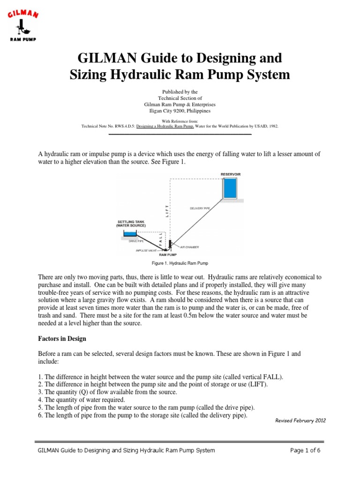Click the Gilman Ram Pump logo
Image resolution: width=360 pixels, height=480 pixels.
tap(23, 26)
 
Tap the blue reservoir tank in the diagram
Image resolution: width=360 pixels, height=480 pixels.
tap(230, 188)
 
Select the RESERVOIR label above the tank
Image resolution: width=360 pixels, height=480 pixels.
tap(230, 174)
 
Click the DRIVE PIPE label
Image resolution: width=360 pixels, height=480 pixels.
tap(135, 241)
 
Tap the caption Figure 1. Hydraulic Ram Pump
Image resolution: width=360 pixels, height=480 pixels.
tap(180, 263)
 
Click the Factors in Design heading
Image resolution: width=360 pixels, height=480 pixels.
tap(61, 338)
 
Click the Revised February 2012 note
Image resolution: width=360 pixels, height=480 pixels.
tap(300, 420)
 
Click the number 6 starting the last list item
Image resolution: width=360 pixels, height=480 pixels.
tap(39, 415)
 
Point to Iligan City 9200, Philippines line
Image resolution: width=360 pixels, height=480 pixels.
tap(180, 111)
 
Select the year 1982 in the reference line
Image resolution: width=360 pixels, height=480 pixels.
tap(272, 126)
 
